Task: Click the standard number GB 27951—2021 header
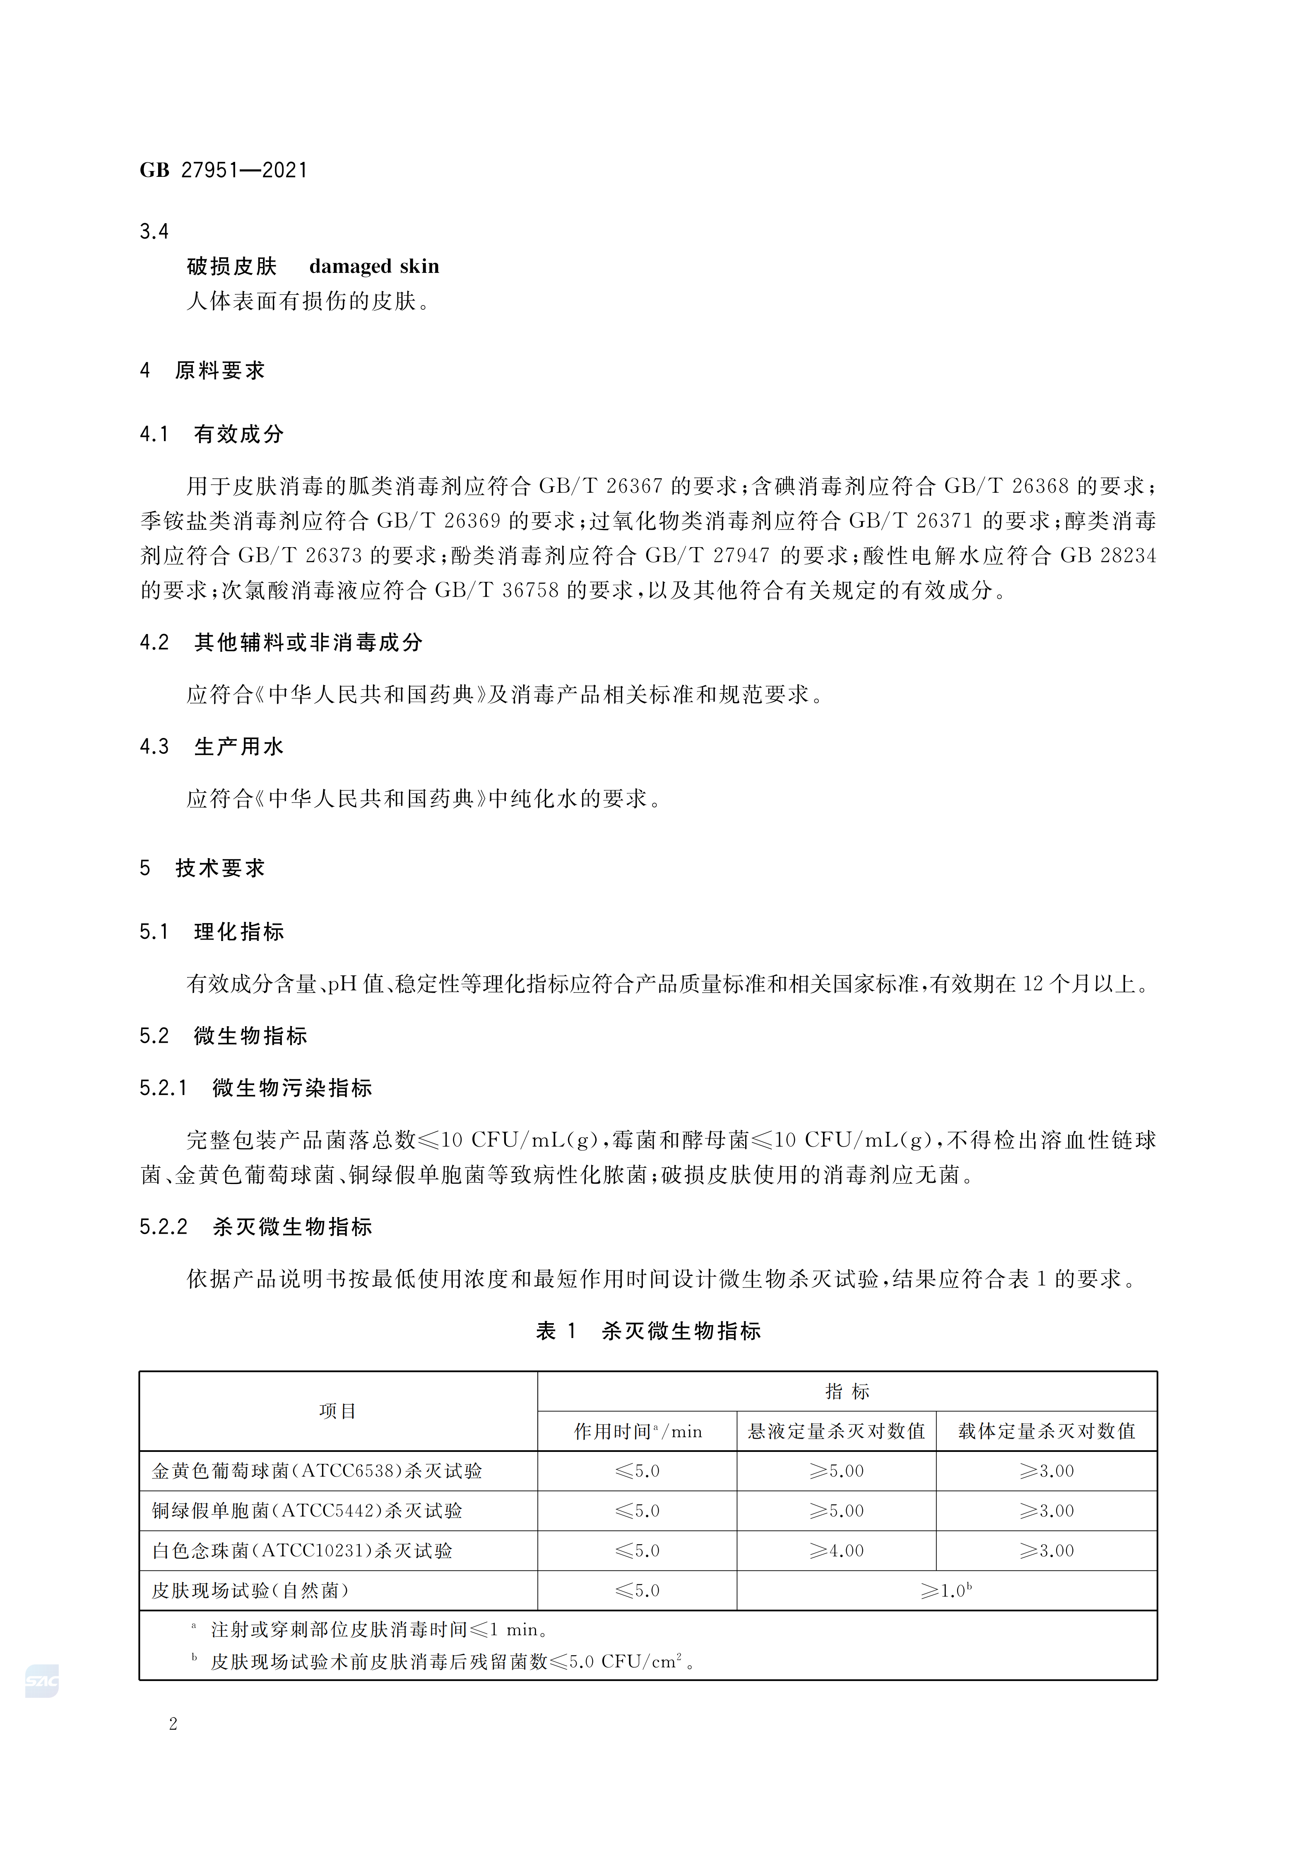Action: point(224,170)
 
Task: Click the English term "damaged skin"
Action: point(374,266)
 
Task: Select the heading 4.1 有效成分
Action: point(212,435)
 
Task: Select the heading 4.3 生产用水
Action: point(212,747)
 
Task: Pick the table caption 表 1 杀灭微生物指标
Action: point(648,1331)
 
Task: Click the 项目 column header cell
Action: point(338,1411)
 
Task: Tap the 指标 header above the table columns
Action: point(847,1392)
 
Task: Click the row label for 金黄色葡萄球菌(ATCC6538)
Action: point(317,1471)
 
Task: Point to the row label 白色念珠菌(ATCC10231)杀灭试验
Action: point(302,1550)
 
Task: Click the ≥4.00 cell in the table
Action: point(836,1550)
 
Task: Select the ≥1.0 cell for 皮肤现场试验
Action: point(946,1590)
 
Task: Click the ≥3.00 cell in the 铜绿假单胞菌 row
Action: point(1046,1511)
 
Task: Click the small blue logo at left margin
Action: point(42,1681)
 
